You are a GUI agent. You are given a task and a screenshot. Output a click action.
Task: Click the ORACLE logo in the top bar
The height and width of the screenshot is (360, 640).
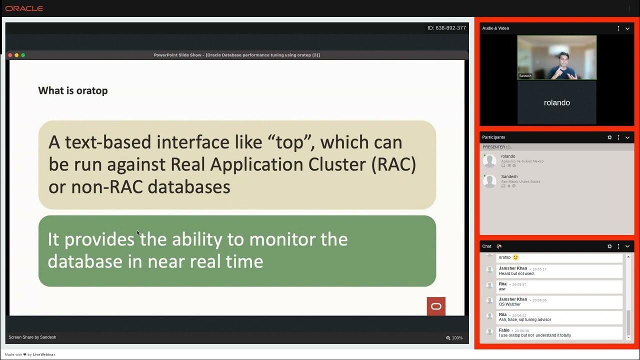[24, 8]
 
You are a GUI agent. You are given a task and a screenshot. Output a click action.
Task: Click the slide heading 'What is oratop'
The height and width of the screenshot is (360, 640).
[73, 90]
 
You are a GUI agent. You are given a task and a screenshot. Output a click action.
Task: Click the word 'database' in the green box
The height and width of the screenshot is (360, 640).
[85, 261]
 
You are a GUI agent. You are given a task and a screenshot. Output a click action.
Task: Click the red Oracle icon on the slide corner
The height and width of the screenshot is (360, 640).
[436, 306]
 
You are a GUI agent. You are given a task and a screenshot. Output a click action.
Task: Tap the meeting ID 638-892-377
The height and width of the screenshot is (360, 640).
[446, 28]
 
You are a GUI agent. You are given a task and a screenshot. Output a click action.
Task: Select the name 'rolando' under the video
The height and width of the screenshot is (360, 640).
[556, 102]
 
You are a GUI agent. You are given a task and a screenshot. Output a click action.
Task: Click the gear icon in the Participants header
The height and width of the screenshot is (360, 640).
[609, 137]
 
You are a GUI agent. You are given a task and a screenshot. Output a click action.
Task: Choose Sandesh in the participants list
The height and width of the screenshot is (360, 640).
[509, 176]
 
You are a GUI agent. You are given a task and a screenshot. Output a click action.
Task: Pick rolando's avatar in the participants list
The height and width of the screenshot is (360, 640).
[489, 160]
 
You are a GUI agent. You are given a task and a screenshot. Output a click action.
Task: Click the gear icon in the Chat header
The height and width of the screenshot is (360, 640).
[609, 246]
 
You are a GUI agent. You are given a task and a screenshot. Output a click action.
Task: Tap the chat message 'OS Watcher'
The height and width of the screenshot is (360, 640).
[509, 304]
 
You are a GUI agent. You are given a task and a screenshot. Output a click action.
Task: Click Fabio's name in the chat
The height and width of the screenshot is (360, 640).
[504, 330]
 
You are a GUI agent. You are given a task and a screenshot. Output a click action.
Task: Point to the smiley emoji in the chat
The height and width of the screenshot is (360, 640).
[516, 257]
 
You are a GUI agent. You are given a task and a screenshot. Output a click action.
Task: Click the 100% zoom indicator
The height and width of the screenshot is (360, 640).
[454, 338]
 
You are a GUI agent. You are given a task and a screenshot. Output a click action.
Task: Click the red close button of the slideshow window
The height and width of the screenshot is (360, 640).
[10, 55]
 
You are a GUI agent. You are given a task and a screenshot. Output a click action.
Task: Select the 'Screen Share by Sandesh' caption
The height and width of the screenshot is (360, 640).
[32, 337]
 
